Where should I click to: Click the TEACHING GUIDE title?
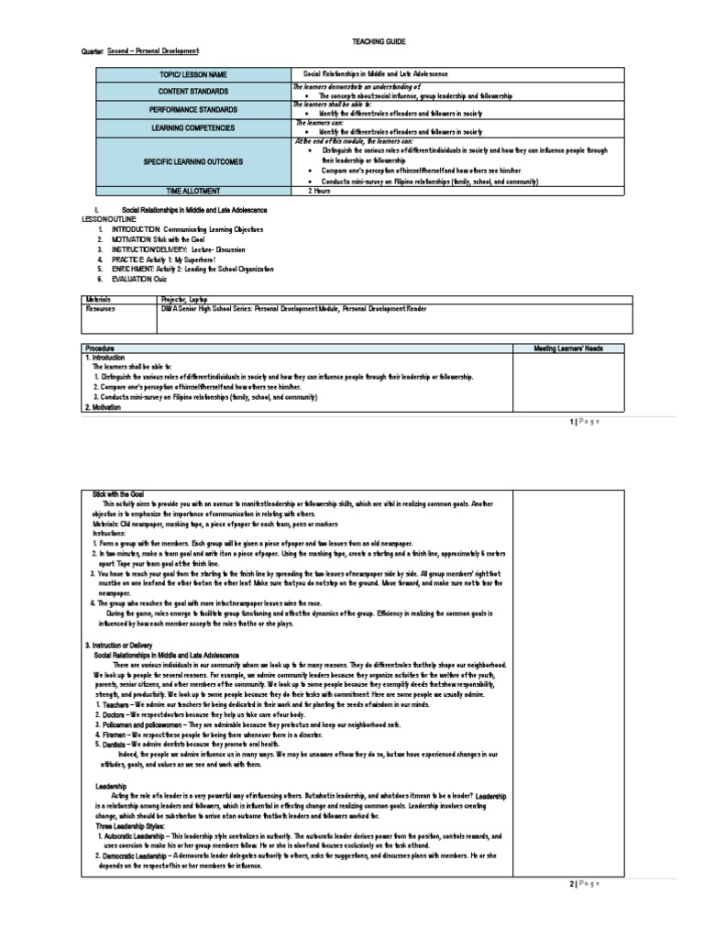pos(372,42)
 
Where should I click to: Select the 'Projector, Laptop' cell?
pos(325,299)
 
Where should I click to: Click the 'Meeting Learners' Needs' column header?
pos(567,348)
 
